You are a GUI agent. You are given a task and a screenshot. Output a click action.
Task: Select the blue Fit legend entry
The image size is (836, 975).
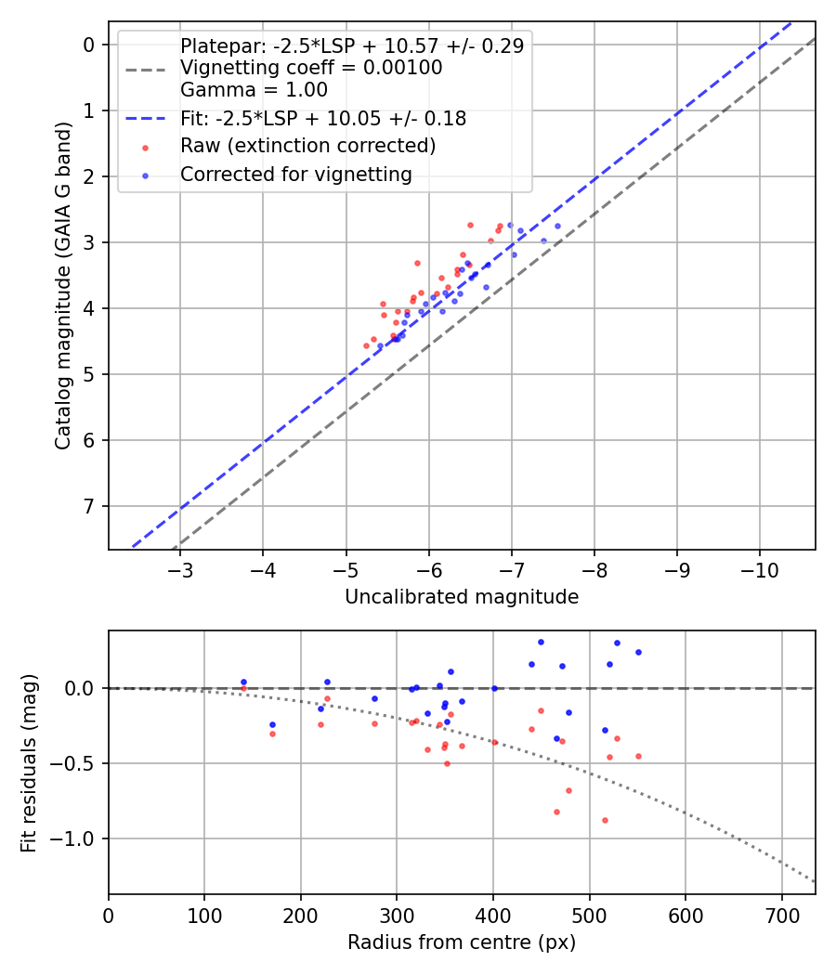point(322,119)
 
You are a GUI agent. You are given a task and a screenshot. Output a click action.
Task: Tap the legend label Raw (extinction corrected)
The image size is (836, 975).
point(307,146)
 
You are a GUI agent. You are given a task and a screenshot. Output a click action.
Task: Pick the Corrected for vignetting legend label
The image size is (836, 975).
point(295,174)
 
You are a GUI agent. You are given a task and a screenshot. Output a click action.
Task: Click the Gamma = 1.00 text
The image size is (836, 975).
point(254,91)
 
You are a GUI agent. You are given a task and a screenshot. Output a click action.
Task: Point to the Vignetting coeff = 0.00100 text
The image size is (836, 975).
point(311,68)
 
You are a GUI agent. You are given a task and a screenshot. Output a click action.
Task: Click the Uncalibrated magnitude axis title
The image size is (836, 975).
point(462,597)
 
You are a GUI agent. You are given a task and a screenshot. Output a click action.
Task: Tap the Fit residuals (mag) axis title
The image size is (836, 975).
point(29,762)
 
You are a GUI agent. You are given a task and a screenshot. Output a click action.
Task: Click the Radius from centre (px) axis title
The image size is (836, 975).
point(462,942)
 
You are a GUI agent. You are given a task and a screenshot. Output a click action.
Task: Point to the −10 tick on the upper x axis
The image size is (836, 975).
point(760,568)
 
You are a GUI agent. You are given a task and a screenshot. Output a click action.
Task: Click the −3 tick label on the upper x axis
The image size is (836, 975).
point(179,568)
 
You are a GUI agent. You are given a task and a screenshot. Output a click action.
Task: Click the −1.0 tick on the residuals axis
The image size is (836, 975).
point(78,838)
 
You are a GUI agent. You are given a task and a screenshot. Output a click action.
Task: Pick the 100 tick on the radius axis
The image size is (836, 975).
point(204,914)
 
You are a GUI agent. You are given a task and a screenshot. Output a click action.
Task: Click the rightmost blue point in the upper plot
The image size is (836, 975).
point(558,226)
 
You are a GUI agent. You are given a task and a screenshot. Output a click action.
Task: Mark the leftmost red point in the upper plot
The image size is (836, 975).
point(366,345)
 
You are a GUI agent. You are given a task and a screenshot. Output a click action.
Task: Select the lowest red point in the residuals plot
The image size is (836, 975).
point(605,820)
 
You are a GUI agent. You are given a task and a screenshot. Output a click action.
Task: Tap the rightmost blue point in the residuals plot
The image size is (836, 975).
point(638,652)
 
